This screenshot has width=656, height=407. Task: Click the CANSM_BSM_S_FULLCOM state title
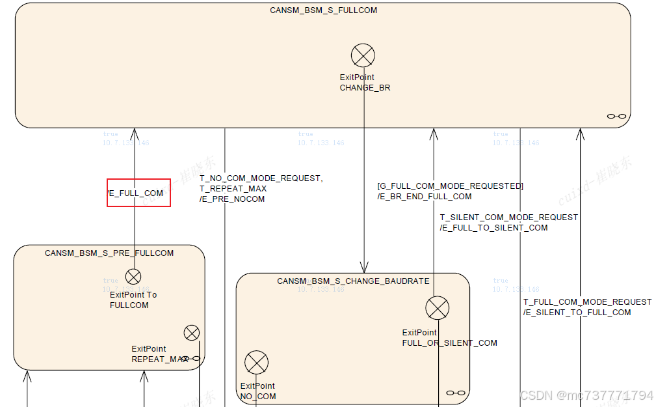323,10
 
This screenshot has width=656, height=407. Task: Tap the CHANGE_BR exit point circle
363,55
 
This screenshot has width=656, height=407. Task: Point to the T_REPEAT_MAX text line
232,189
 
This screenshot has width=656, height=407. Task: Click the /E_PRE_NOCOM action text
232,199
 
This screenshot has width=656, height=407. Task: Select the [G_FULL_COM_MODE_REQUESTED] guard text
450,186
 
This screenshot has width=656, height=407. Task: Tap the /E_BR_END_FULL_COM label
425,197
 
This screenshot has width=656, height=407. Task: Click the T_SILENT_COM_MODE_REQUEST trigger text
508,218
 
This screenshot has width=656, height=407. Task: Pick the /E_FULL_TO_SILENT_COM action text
493,228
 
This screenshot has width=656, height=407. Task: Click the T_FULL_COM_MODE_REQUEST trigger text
587,302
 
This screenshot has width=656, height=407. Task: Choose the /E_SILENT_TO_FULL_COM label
577,313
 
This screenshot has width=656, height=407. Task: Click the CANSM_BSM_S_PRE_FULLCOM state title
109,253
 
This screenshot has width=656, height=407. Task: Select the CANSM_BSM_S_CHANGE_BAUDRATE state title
353,281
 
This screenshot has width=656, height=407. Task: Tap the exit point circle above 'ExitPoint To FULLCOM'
133,277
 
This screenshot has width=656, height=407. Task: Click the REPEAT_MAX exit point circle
192,333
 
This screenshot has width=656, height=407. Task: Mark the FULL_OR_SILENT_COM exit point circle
437,308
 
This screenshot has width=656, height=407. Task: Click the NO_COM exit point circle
257,363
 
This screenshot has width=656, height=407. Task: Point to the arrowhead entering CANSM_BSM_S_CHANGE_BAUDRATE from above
364,268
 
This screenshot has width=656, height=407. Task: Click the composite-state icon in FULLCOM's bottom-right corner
616,117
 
